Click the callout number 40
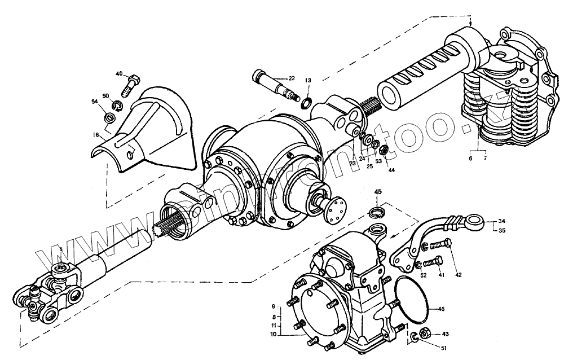coord(119,74)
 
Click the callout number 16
coord(96,135)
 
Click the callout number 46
coord(442,309)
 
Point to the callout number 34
coord(501,221)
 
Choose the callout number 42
coord(459,275)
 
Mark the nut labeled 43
coord(425,334)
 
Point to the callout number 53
coord(378,161)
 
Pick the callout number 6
coord(471,159)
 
